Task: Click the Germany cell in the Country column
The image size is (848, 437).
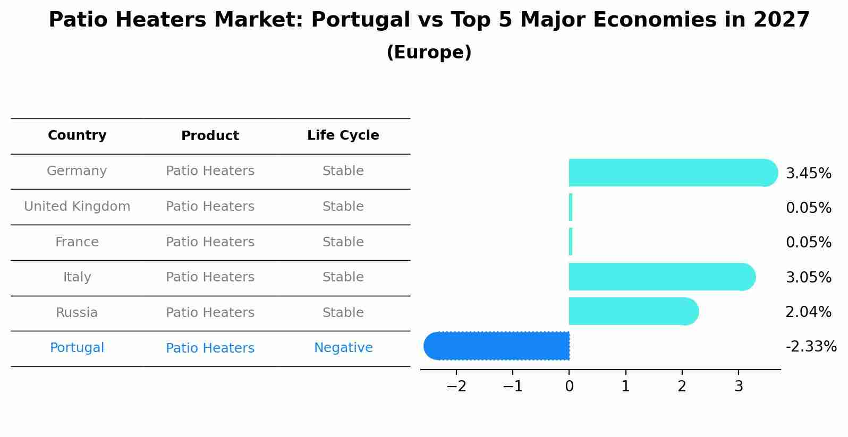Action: tap(77, 171)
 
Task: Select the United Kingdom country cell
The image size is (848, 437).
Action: tap(77, 207)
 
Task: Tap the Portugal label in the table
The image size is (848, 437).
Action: tap(77, 348)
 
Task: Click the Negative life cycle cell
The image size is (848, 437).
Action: tap(343, 348)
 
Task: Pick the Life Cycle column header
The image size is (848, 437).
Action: tap(343, 135)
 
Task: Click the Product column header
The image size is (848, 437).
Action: tap(210, 136)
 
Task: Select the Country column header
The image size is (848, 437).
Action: tap(77, 135)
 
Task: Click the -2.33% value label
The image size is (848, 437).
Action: tap(811, 347)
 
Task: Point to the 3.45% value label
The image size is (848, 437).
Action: tap(808, 174)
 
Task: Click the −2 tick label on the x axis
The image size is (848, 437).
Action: tap(456, 387)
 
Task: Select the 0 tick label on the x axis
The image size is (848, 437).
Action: tap(569, 387)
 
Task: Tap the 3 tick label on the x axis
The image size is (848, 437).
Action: tap(739, 387)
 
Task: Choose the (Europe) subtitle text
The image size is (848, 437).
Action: tap(429, 53)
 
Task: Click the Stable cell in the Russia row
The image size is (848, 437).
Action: tap(343, 313)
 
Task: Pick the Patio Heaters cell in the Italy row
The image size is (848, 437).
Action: tap(210, 277)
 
